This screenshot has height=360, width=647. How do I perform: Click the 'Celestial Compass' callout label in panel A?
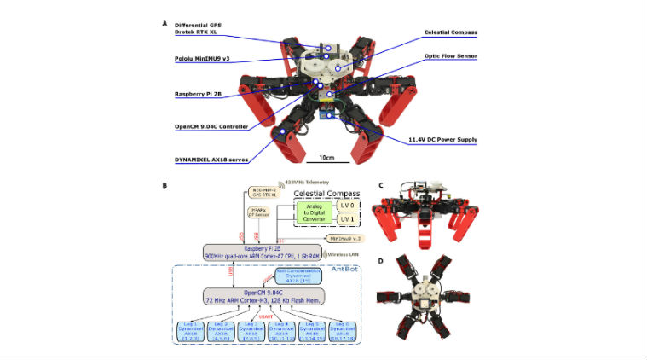pyautogui.click(x=450, y=32)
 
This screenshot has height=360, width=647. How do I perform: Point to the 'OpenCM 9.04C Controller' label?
pyautogui.click(x=210, y=126)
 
